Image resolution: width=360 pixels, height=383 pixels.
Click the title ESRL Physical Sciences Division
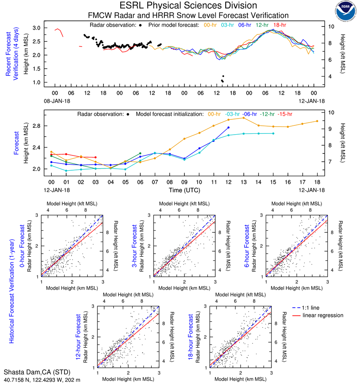coord(188,6)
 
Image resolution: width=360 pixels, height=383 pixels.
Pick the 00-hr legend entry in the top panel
coord(211,25)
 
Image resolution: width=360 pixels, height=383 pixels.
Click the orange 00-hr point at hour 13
coord(244,118)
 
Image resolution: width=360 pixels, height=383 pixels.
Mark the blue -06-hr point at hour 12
coord(229,127)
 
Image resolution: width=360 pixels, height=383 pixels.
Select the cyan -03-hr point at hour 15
coord(273,133)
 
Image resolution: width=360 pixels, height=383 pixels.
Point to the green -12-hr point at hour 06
coord(140,153)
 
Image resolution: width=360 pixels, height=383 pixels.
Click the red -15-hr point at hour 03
coord(95,157)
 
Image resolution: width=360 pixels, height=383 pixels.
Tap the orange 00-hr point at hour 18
coord(317,121)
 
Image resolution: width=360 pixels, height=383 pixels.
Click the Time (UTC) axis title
coord(184,190)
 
